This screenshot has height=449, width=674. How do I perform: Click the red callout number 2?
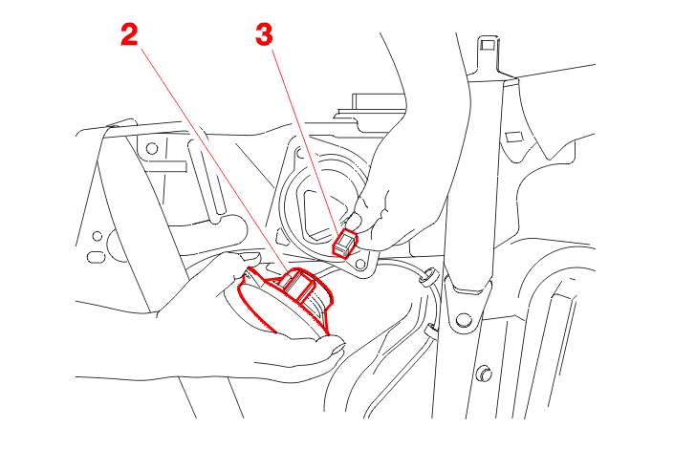click(129, 34)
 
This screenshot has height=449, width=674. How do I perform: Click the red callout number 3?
click(264, 34)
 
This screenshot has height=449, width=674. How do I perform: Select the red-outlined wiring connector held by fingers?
click(345, 244)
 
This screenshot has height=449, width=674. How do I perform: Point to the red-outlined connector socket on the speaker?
click(297, 285)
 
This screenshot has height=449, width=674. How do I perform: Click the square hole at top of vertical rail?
click(488, 44)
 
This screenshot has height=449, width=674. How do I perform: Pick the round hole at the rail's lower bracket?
click(463, 320)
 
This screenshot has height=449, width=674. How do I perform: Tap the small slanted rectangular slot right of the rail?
click(512, 137)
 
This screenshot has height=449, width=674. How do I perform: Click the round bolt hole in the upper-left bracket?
click(152, 149)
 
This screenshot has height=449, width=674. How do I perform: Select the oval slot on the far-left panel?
click(96, 257)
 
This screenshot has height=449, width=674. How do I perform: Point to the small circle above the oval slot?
click(98, 236)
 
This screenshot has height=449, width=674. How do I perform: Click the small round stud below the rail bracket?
click(485, 373)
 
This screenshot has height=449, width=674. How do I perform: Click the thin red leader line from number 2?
click(213, 160)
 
